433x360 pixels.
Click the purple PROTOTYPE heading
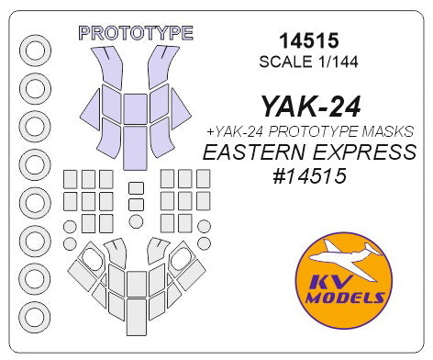click(x=136, y=33)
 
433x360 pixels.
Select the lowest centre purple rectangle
click(x=136, y=142)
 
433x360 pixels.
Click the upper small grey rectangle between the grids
click(x=136, y=188)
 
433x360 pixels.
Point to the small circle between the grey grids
click(x=136, y=221)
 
